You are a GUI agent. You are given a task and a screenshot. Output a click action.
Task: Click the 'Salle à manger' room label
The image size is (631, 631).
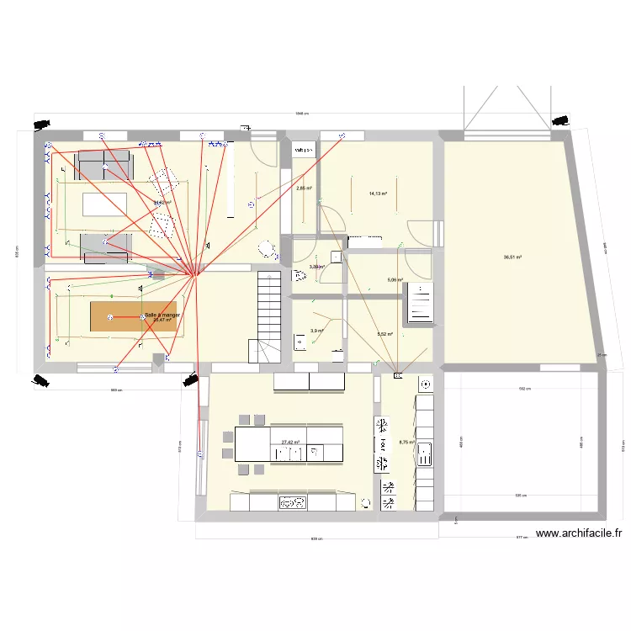162,315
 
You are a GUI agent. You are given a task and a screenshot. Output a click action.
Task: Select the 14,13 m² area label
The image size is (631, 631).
378,194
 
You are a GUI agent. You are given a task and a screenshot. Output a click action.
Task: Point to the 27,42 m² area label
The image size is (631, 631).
291,443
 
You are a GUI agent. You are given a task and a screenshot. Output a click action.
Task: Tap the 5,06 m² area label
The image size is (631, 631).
395,280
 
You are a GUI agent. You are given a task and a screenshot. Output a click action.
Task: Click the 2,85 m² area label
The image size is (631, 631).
304,188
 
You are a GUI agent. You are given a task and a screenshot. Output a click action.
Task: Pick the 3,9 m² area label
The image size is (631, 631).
316,331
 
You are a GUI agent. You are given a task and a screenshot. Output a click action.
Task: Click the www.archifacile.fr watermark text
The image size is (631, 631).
579,533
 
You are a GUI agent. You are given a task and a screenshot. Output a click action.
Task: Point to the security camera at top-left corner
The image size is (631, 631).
40,125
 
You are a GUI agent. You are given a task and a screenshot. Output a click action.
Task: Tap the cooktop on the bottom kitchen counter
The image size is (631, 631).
294,503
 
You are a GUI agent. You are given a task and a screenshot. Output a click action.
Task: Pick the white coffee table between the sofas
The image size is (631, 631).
103,204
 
